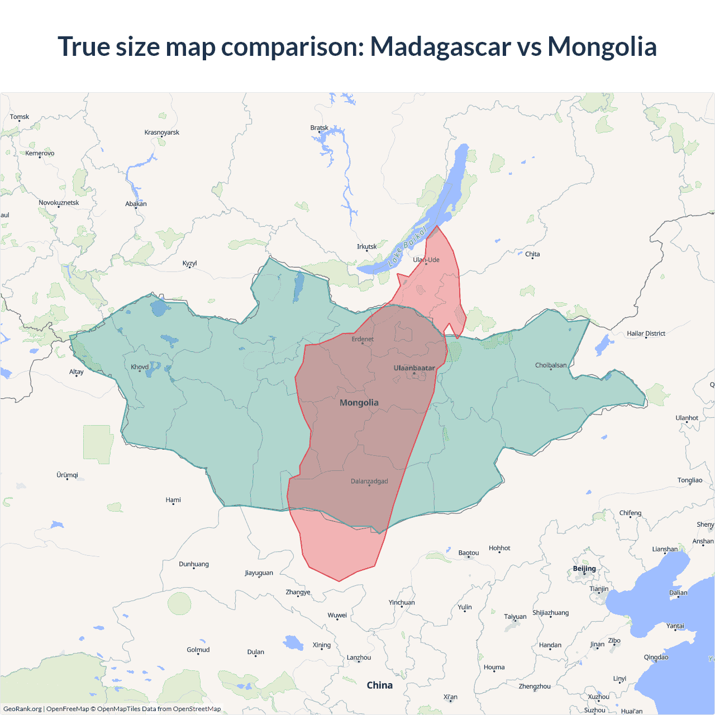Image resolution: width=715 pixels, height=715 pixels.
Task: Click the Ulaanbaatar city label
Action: click(x=414, y=368)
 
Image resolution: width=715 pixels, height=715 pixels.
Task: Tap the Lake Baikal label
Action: click(x=407, y=246)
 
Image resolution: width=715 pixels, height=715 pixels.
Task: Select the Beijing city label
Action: click(x=584, y=569)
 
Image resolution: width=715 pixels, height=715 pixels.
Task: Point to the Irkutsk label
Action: click(x=366, y=246)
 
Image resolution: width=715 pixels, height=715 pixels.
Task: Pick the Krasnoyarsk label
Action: click(x=162, y=132)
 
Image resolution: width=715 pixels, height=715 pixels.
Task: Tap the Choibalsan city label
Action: click(x=551, y=365)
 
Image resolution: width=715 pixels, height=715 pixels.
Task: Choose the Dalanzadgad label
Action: click(x=369, y=482)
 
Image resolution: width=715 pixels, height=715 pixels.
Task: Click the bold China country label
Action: click(x=380, y=685)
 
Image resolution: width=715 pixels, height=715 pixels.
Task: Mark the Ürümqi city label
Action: click(x=67, y=475)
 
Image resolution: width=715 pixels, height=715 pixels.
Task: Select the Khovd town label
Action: click(x=140, y=367)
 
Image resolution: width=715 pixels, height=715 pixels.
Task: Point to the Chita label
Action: click(x=532, y=254)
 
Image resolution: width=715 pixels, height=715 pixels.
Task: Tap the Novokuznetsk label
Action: click(x=59, y=203)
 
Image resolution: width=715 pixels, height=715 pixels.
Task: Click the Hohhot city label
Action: click(x=499, y=548)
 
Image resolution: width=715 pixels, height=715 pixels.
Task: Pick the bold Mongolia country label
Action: click(x=359, y=403)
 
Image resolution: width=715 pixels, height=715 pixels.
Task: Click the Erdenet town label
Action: click(x=363, y=339)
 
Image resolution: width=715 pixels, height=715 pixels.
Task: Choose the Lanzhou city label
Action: click(x=359, y=657)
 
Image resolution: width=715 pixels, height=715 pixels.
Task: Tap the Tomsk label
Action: click(x=20, y=117)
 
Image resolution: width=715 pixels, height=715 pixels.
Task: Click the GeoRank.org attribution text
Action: click(x=22, y=709)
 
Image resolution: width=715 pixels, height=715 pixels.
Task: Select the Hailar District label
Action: click(x=646, y=333)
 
